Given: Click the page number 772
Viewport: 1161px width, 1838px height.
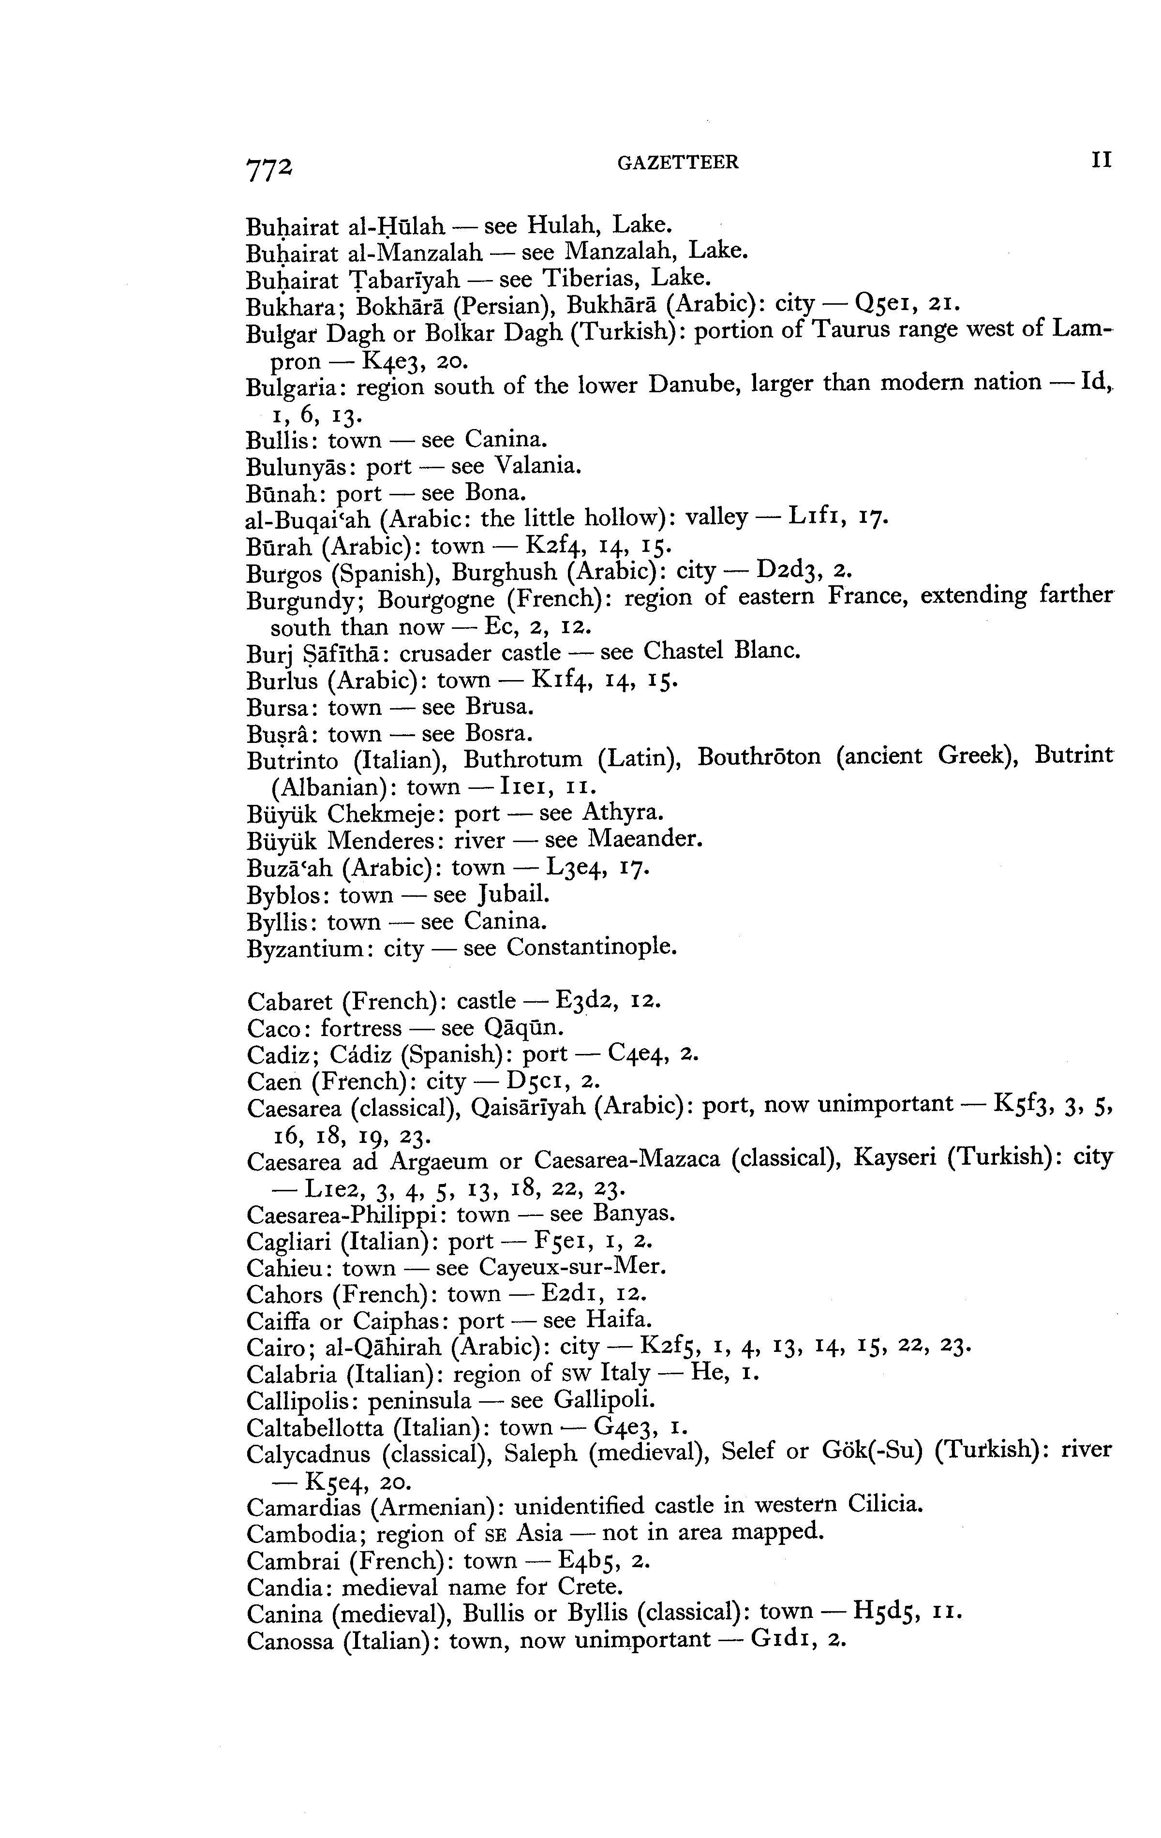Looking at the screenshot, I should (269, 166).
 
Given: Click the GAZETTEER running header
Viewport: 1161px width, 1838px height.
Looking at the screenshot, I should (678, 162).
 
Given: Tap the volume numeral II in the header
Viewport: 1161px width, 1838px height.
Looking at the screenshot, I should (1101, 160).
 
